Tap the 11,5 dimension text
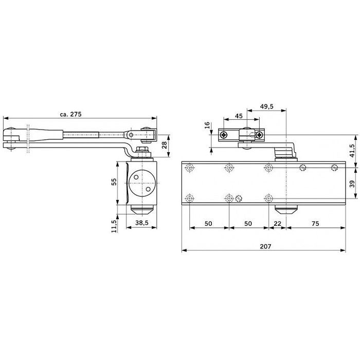tap(114, 225)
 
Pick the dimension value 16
tap(207, 125)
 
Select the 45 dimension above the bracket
tap(239, 116)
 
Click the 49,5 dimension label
tap(266, 106)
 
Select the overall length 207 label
tap(264, 246)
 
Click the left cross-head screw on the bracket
tap(224, 135)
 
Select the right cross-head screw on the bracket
tap(258, 135)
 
